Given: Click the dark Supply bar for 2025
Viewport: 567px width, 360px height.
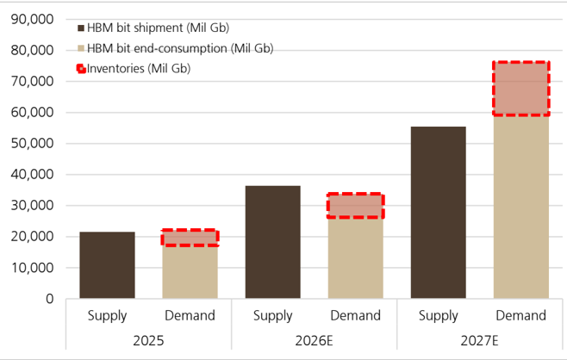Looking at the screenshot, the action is (108, 265).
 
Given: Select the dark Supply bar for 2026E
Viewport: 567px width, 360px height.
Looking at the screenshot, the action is (272, 242).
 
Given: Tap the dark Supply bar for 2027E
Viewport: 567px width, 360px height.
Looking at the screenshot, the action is (439, 213).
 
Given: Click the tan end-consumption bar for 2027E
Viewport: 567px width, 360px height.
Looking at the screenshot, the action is (521, 207).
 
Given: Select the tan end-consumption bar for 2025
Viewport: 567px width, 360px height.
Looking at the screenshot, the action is (190, 272).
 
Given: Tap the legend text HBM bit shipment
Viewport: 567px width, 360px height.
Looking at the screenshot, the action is (135, 28).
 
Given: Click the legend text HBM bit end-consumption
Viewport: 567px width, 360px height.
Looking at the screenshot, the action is (157, 48).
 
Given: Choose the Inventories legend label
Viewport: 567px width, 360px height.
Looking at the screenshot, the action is (139, 68).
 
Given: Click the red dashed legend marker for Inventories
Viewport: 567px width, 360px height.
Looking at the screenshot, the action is (81, 69).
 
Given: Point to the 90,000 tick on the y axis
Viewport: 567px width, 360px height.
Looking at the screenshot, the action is (32, 19).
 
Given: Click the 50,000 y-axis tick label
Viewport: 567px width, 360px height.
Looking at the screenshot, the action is (32, 144).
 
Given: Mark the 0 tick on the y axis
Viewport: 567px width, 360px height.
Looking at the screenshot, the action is (49, 299).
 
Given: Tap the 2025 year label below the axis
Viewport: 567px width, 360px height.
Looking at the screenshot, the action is (148, 340).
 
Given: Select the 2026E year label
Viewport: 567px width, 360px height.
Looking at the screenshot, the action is (314, 340).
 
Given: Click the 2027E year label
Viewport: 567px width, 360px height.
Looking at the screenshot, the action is (479, 340).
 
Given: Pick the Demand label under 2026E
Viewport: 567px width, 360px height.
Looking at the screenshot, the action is (356, 315).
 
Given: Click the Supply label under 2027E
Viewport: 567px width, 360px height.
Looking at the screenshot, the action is (439, 316).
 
